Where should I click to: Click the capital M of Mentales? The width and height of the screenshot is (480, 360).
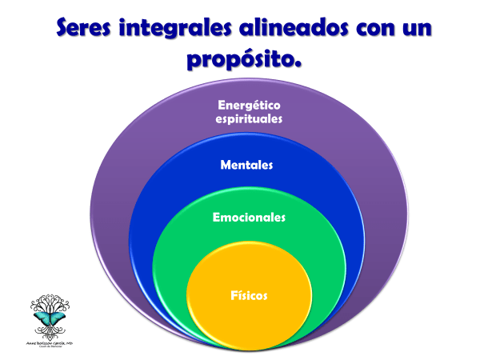click(x=226, y=166)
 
